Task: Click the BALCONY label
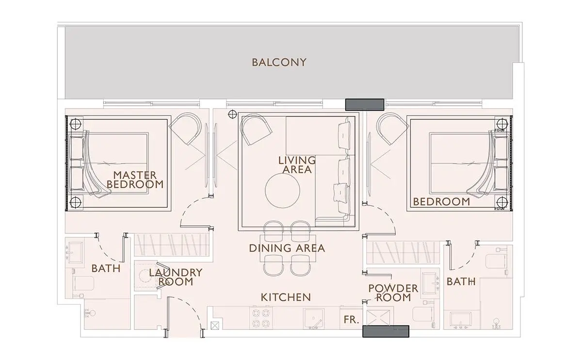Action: click(x=279, y=63)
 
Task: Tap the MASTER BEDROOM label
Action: click(x=135, y=180)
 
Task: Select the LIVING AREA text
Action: click(x=297, y=165)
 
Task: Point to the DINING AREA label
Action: click(x=287, y=248)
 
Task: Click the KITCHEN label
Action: click(x=286, y=297)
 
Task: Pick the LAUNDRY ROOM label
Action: click(x=176, y=277)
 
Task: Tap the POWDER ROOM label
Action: click(x=393, y=293)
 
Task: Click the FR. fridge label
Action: click(x=351, y=320)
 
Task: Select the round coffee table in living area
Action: click(x=282, y=191)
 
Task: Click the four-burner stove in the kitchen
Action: click(x=261, y=318)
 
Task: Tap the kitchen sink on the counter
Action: click(x=314, y=318)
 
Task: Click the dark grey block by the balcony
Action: click(x=365, y=104)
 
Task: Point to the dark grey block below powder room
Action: click(x=386, y=331)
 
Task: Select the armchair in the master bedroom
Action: click(x=185, y=129)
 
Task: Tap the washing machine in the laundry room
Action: click(x=145, y=276)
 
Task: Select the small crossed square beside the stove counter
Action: click(x=215, y=326)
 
